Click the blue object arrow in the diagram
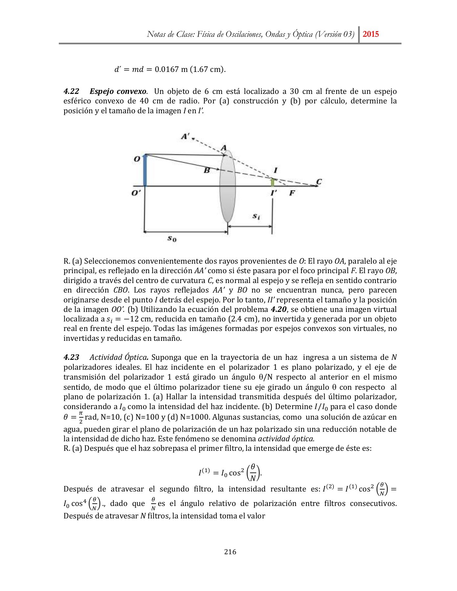[x=145, y=171]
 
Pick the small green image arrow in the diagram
[x=272, y=182]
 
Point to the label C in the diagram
[x=318, y=181]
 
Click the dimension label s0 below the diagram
[x=172, y=239]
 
